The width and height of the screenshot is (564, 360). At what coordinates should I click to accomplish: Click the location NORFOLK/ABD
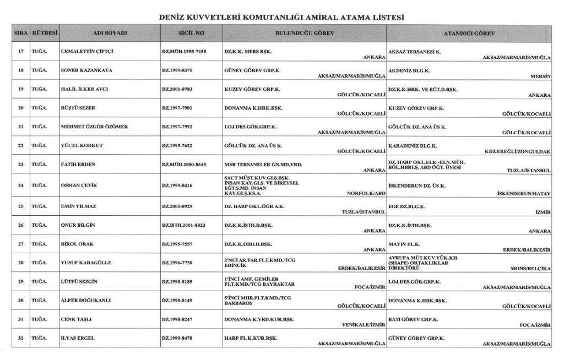point(365,194)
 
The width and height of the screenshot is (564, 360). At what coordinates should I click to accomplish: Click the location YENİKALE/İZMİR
point(363,325)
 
